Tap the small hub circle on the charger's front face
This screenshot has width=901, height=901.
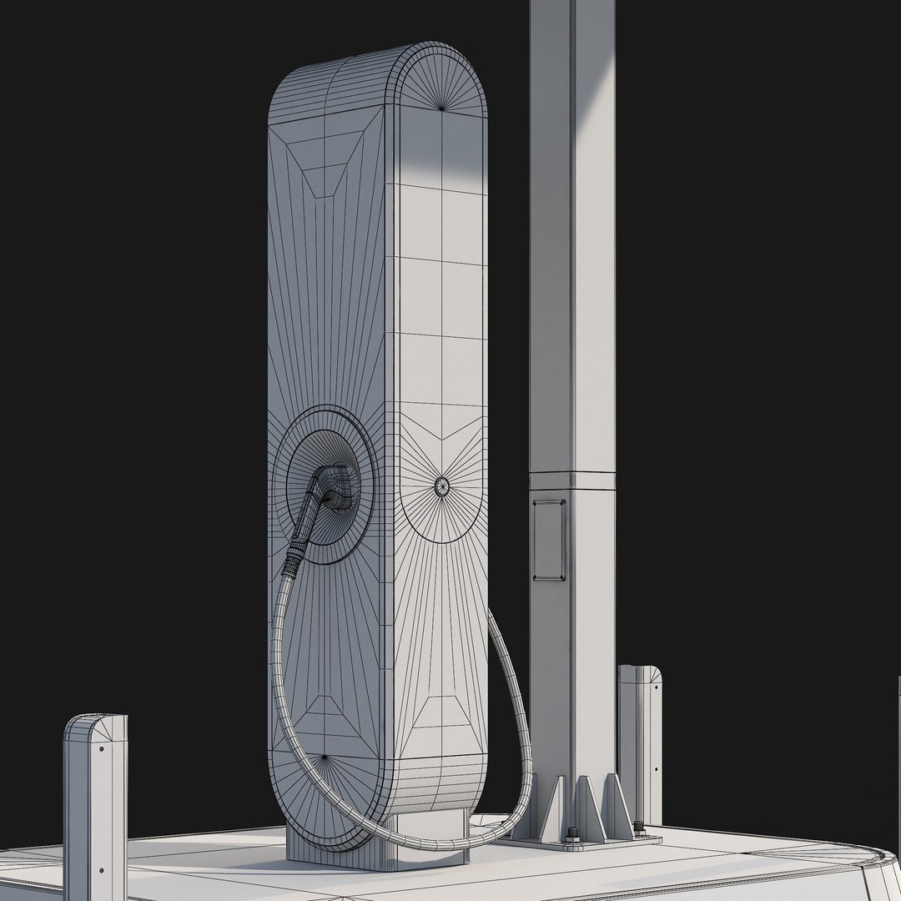click(441, 484)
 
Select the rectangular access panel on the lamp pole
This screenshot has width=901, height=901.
click(550, 540)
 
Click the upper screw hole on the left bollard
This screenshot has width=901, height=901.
click(102, 748)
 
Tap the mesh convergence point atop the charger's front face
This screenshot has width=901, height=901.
click(441, 107)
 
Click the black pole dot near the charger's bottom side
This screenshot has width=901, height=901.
click(324, 758)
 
